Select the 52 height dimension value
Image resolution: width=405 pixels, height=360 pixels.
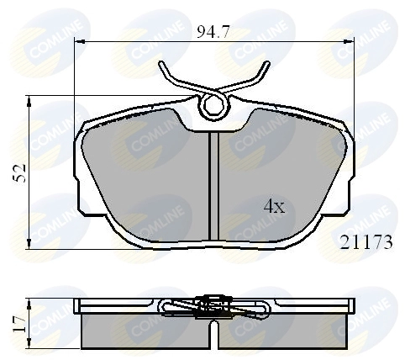pos(21,174)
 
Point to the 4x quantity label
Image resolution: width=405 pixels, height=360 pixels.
pos(274,205)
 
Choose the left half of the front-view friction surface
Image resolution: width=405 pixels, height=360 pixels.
pos(151,177)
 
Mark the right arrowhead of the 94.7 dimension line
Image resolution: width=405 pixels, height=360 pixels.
pos(352,41)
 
